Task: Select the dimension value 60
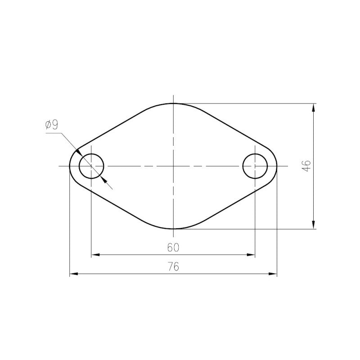[173, 247]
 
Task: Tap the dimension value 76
[173, 266]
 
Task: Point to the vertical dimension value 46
[307, 166]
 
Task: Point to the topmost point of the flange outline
[173, 103]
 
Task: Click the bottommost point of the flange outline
[173, 229]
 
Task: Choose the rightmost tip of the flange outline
[277, 166]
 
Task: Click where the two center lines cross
[173, 166]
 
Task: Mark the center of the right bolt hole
[255, 166]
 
